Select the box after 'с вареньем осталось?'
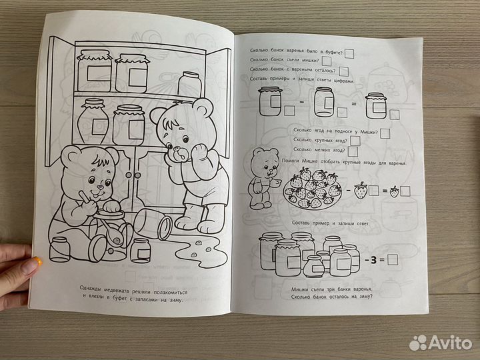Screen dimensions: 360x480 pos(344,71)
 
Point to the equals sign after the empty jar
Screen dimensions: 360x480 pos(353,104)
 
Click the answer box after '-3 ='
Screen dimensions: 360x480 pos(393,258)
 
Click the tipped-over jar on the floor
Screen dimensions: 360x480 pos(151,224)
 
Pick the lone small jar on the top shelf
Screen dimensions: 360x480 pos(190,84)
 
